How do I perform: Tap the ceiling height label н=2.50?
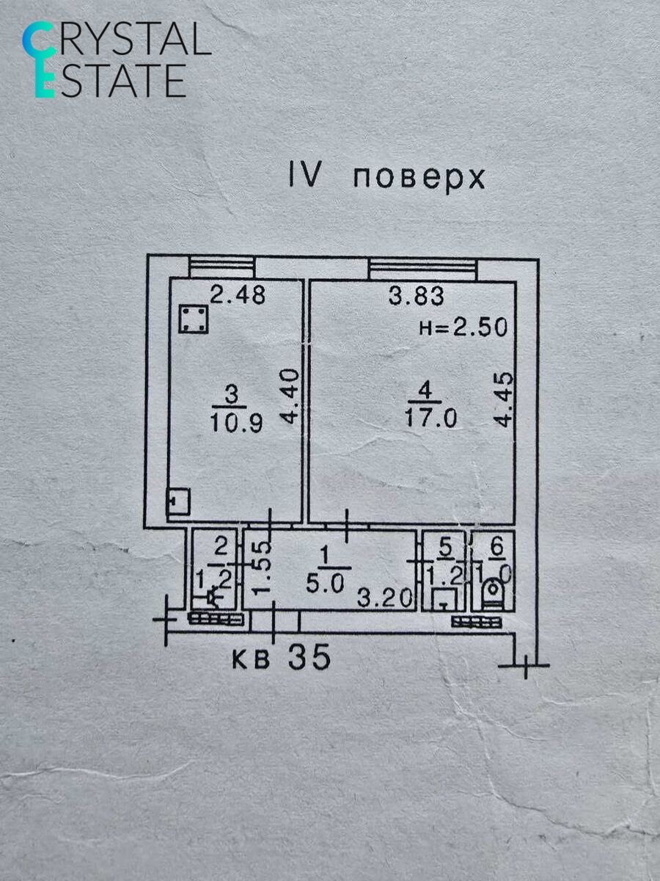[463, 327]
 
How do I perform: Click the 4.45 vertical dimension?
[503, 400]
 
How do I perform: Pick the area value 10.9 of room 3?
[237, 424]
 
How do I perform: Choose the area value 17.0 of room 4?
[430, 418]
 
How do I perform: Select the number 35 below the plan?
[309, 658]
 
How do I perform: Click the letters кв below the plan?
[250, 659]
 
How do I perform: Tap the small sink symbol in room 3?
[178, 501]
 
